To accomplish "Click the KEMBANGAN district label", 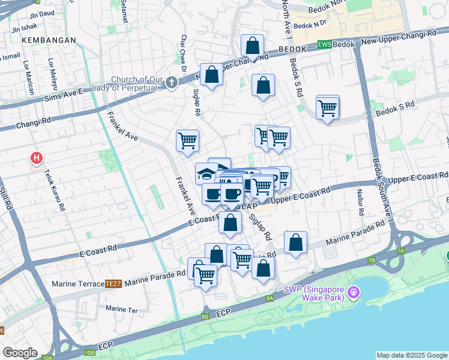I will click(x=49, y=40).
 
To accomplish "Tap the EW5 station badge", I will click(x=324, y=44).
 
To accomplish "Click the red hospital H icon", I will click(x=37, y=158).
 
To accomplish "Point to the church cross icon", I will click(x=172, y=82).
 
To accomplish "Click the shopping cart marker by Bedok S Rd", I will click(x=328, y=108).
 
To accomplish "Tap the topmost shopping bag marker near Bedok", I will click(x=253, y=45).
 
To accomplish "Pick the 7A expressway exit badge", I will click(x=401, y=250).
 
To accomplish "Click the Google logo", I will click(x=20, y=352).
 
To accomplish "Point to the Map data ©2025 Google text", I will click(x=411, y=355).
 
